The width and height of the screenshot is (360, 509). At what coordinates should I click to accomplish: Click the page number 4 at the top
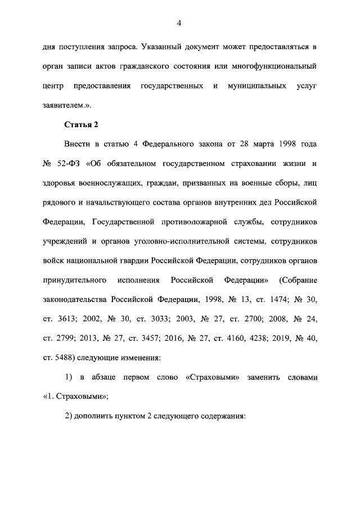tap(179, 23)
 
